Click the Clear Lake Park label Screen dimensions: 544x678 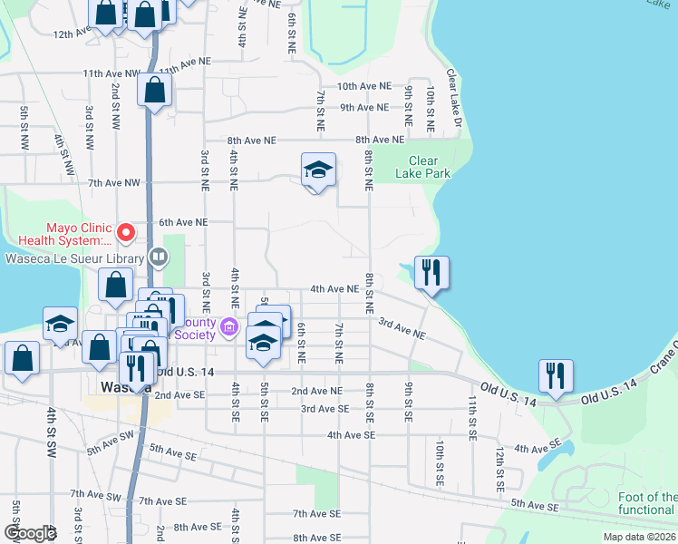(423, 168)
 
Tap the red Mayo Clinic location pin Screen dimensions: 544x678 (127, 234)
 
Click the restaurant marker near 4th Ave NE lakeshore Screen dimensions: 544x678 (431, 272)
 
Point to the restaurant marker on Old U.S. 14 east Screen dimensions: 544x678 (555, 375)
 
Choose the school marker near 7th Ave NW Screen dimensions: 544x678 (318, 170)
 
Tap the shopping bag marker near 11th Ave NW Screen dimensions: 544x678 (155, 90)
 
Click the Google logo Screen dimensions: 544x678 (29, 533)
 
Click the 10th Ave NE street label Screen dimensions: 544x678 (363, 86)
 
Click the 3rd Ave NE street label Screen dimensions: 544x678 (402, 328)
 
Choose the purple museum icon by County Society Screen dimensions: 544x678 (229, 327)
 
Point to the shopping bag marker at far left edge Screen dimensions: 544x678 (22, 357)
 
